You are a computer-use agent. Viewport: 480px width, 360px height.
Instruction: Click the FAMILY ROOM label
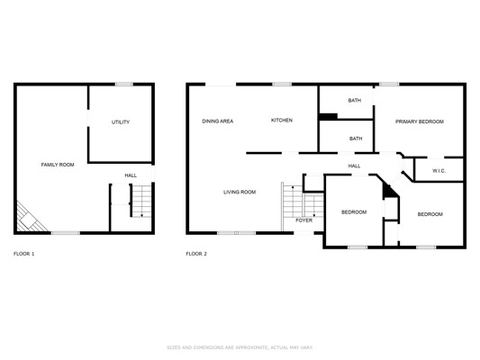(58, 165)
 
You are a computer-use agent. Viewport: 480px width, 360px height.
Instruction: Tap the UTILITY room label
(121, 122)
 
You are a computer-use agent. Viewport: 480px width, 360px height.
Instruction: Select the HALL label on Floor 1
(131, 175)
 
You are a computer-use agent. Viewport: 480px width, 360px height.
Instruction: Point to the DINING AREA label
(218, 121)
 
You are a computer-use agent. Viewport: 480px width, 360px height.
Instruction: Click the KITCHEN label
(282, 121)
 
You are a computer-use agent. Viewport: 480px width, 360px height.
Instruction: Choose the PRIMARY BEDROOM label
(420, 121)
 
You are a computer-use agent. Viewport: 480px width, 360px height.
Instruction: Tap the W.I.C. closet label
(439, 171)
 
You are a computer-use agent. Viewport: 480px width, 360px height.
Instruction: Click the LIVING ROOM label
(240, 192)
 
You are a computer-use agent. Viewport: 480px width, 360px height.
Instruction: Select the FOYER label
(304, 220)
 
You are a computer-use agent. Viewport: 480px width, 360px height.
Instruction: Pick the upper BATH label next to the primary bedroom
(355, 100)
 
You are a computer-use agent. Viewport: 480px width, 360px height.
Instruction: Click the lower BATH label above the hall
(356, 139)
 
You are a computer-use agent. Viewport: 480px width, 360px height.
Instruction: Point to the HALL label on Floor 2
(354, 166)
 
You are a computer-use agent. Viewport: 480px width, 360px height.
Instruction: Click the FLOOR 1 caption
(24, 254)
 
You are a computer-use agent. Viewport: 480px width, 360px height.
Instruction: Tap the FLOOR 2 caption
(196, 254)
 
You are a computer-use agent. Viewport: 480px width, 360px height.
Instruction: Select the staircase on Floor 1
(141, 201)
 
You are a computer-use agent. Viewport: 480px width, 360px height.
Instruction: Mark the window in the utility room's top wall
(124, 84)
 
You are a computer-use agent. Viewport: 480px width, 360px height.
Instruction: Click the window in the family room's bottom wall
(65, 233)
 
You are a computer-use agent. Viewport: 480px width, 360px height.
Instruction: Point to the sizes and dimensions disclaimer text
(240, 347)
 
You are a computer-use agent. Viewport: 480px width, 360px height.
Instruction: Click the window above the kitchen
(282, 84)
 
